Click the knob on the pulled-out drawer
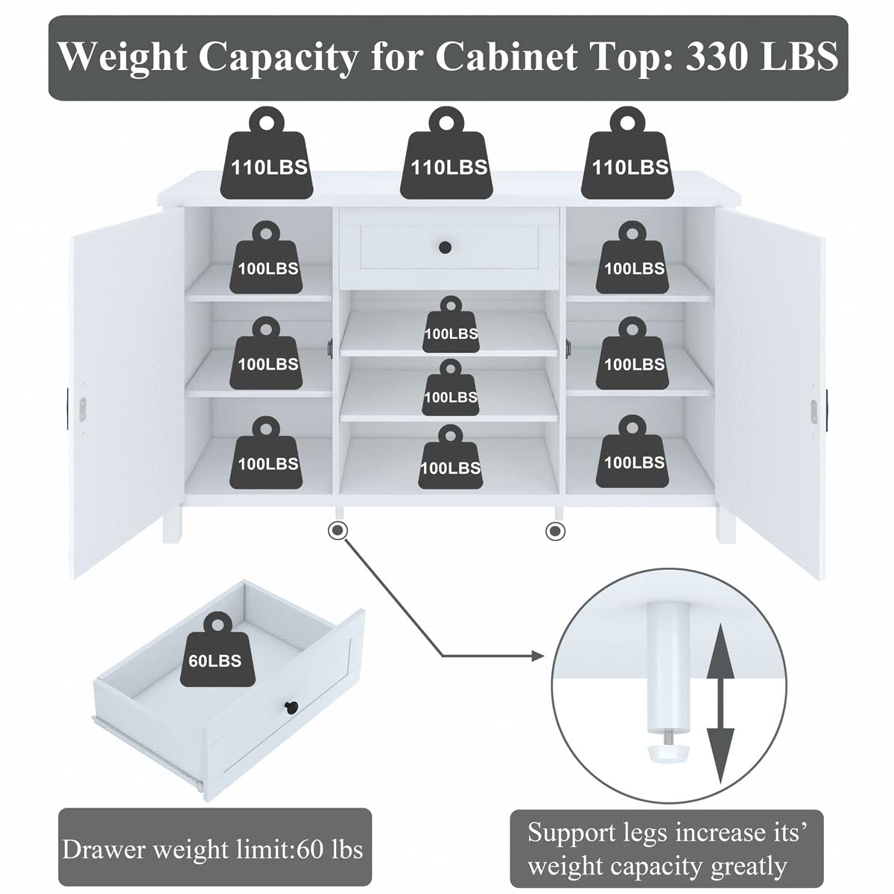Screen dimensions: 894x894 (288, 706)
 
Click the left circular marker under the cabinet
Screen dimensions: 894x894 (337, 530)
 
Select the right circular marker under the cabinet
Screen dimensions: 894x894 (554, 530)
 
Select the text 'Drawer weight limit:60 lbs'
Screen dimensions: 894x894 (213, 849)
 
